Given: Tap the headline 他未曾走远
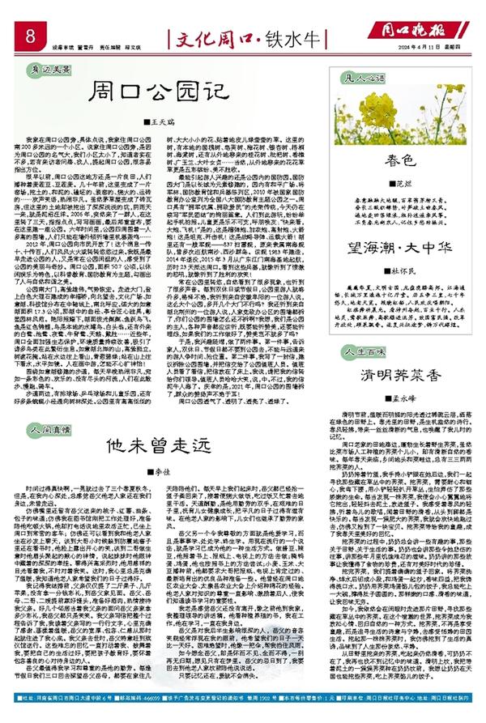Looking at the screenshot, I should (145, 444).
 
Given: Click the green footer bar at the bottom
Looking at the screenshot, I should (243, 716).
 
